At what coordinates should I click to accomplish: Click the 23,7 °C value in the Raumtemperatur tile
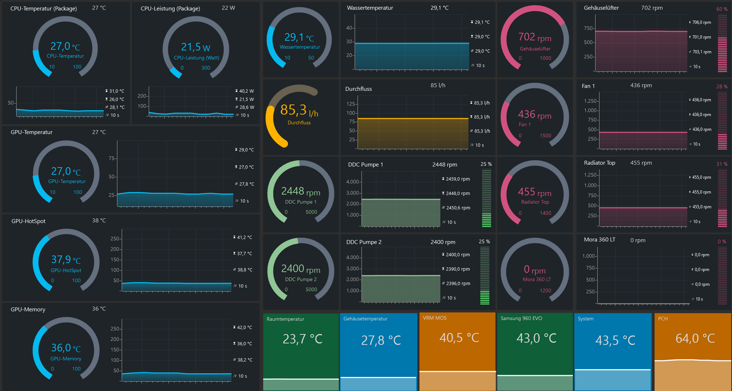tap(302, 339)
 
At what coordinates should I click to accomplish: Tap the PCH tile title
tap(663, 319)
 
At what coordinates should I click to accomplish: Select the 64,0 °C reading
tap(695, 338)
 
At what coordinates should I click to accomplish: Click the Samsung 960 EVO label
tap(521, 318)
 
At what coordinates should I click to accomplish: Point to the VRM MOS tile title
tap(435, 318)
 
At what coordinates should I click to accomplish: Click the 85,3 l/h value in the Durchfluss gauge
tap(299, 110)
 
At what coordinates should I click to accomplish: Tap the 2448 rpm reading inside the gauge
tap(301, 191)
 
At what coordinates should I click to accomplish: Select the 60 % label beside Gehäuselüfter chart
tap(722, 9)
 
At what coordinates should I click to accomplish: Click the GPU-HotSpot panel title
tap(28, 221)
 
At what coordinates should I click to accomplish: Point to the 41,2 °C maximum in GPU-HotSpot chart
tap(244, 237)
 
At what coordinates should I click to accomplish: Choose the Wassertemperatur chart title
tap(370, 8)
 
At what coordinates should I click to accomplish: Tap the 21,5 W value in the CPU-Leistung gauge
tap(196, 47)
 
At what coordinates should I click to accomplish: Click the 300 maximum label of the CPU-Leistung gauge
tap(206, 68)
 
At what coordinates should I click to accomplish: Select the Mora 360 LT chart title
tap(599, 240)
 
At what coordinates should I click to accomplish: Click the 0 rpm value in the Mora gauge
tap(535, 270)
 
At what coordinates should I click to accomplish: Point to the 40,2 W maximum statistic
tap(247, 91)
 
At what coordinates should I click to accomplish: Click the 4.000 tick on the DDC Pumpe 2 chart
tap(352, 257)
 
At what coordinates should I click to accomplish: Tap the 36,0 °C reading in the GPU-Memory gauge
tap(66, 348)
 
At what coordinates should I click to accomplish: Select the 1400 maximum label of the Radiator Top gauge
tap(545, 213)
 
